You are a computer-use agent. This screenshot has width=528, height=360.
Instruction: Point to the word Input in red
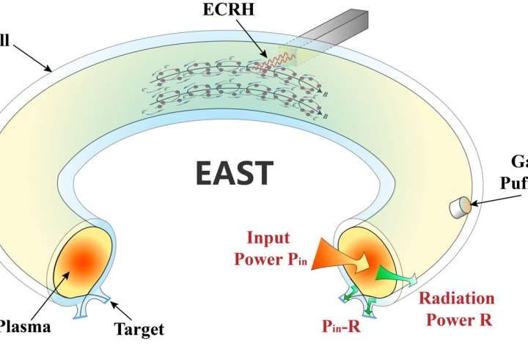click(269, 238)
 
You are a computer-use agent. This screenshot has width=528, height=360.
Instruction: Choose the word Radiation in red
click(455, 298)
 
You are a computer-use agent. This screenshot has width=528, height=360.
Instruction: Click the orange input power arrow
click(338, 256)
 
